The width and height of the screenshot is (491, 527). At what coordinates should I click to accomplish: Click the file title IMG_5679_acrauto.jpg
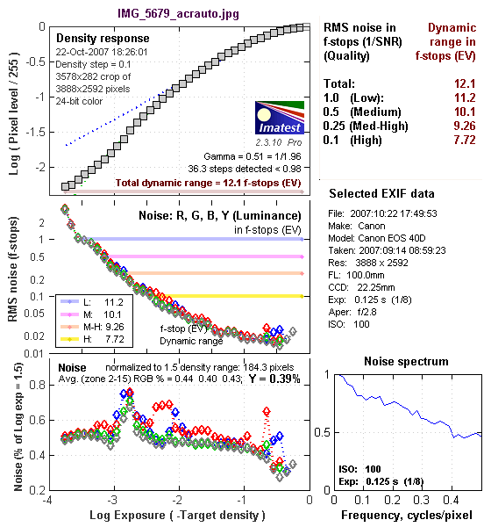pos(178,14)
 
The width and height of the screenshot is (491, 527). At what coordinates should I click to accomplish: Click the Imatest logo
pos(280,118)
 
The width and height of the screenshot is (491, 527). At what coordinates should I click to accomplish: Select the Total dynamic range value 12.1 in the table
pos(465,83)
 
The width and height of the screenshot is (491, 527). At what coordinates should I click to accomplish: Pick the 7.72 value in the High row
pos(465,140)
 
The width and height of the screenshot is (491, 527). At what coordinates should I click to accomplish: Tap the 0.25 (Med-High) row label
pos(366,126)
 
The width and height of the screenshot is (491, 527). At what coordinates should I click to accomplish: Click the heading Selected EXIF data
pos(381,193)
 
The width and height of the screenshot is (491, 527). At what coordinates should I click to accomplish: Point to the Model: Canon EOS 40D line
pos(376,238)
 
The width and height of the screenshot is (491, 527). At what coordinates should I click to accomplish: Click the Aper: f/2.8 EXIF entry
pos(352,312)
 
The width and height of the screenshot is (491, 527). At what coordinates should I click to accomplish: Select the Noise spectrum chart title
pos(406,361)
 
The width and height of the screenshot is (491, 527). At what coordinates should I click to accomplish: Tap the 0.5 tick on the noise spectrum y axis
pos(322,432)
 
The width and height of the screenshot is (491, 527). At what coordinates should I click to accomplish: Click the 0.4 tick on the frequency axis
pos(451,500)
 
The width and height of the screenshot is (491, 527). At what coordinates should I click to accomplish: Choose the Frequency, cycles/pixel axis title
pos(407,516)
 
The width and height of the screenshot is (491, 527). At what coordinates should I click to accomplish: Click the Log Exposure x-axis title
pos(177,516)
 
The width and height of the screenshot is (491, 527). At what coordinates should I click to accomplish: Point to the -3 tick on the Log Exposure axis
pos(112,500)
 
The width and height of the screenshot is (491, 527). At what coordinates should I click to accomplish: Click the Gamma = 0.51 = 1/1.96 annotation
pos(253,156)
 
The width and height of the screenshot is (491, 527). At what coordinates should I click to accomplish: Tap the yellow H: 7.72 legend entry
pos(92,339)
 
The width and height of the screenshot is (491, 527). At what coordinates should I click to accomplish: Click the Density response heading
pos(103,39)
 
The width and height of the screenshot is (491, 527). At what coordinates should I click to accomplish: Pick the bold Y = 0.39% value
pos(274,379)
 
